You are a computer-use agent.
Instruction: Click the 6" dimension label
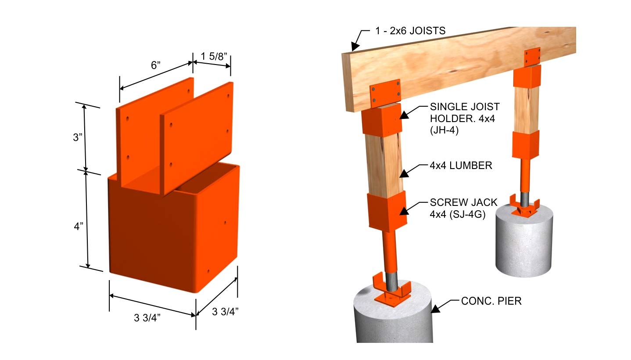tap(156, 65)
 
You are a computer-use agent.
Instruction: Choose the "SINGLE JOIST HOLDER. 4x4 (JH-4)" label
tap(465, 118)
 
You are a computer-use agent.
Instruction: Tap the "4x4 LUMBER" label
tap(461, 166)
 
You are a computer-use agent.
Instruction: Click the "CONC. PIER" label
tap(491, 302)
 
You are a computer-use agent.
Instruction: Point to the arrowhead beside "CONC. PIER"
tap(435, 309)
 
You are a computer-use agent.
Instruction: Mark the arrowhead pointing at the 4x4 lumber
tap(405, 173)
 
